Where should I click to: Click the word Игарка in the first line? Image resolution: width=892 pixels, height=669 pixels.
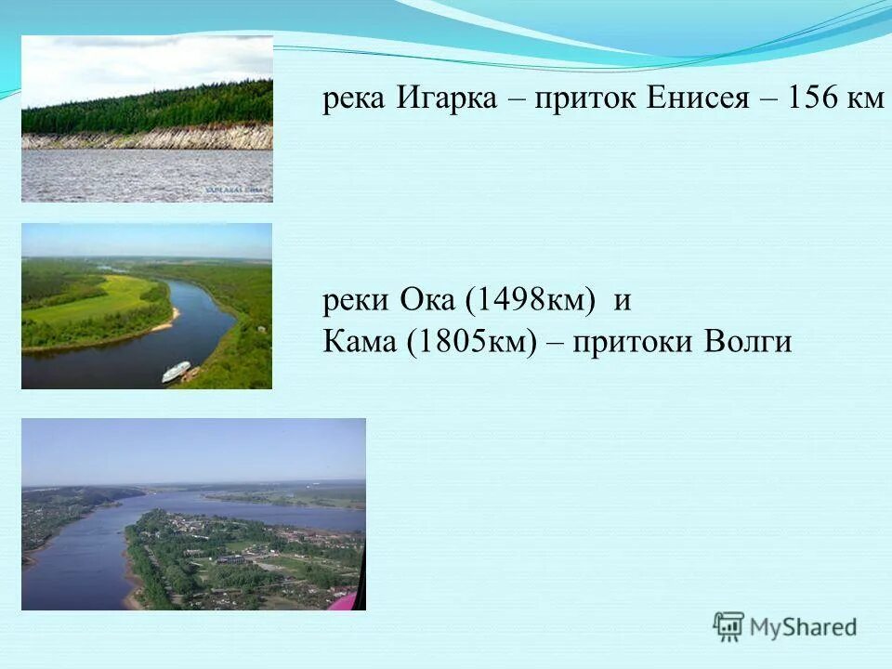[447, 99]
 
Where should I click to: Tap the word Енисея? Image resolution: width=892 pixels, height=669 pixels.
[696, 99]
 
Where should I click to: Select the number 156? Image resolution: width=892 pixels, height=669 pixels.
[814, 99]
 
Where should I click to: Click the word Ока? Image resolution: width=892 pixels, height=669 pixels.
[428, 301]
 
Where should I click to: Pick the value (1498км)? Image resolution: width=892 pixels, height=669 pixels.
[530, 301]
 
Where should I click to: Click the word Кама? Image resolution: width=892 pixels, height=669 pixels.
[360, 342]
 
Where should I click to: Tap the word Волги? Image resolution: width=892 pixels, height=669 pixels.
[746, 342]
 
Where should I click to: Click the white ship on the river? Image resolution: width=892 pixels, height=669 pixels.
[176, 372]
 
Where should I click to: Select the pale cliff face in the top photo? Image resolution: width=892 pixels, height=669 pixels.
[149, 139]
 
